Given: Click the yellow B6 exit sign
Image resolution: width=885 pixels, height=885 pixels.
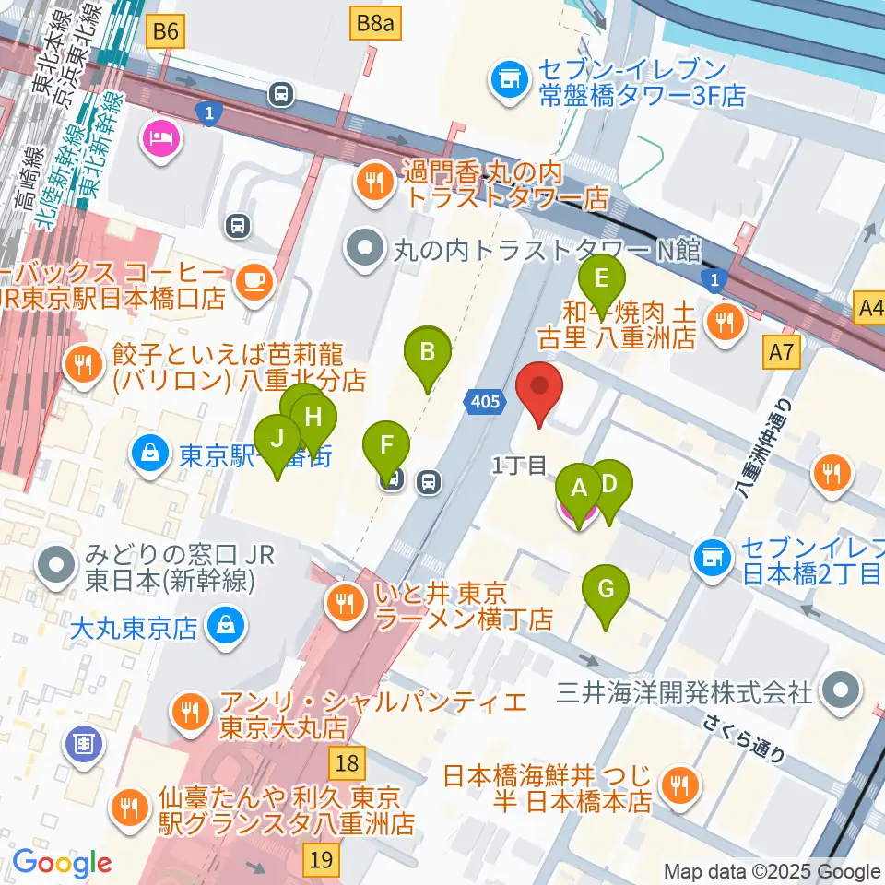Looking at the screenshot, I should coord(166,33).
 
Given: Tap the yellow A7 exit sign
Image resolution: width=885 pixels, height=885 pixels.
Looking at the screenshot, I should coord(781,352).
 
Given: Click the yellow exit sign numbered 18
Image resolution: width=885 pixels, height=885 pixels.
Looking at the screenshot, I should coord(347,763).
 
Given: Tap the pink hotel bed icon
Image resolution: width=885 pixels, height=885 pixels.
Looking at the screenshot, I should coord(160,141).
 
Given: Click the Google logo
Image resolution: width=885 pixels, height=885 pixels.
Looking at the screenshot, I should coord(62,863).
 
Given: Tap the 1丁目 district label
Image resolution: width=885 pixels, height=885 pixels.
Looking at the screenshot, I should coord(520,466).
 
